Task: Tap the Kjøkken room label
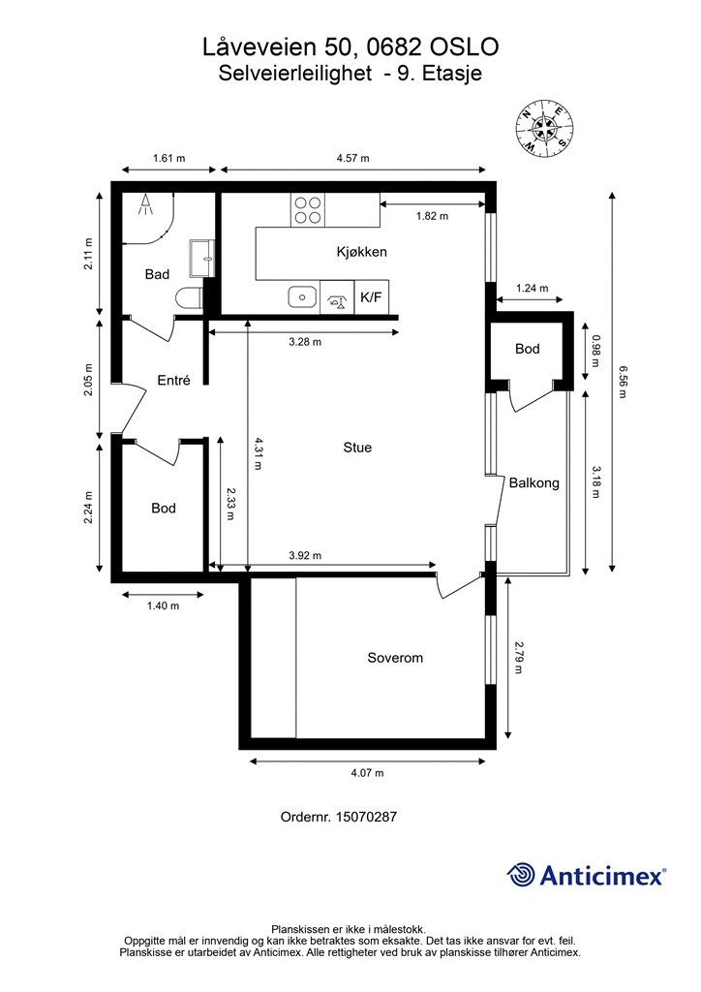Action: click(361, 252)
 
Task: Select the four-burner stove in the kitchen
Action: click(307, 210)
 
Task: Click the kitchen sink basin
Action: click(303, 296)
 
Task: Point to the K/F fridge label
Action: click(371, 296)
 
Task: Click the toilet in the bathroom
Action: click(190, 298)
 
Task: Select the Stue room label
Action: click(357, 448)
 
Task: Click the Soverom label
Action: click(395, 658)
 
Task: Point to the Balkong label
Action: click(534, 483)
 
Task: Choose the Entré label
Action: click(174, 380)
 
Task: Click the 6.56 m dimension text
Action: click(623, 382)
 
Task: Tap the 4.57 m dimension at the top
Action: click(352, 158)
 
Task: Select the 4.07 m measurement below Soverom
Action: click(367, 772)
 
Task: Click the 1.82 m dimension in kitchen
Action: click(433, 216)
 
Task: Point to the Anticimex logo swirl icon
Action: click(520, 875)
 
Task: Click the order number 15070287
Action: click(366, 817)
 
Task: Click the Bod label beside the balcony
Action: click(527, 349)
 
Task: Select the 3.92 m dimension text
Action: click(305, 555)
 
